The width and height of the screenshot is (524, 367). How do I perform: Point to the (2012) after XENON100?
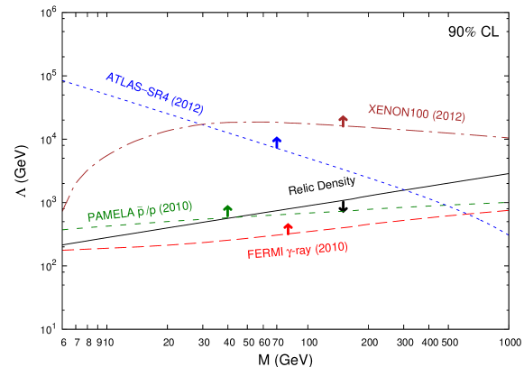[x=448, y=115]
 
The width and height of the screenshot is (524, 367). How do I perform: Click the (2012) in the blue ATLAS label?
[x=188, y=106]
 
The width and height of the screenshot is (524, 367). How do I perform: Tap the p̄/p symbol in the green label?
[x=145, y=211]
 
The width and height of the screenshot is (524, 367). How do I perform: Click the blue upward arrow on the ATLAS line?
[x=277, y=142]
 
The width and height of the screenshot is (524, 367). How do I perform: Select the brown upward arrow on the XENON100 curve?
[x=343, y=120]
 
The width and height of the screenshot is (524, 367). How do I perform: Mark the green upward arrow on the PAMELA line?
[x=227, y=210]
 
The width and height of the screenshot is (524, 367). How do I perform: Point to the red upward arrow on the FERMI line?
[x=288, y=228]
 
